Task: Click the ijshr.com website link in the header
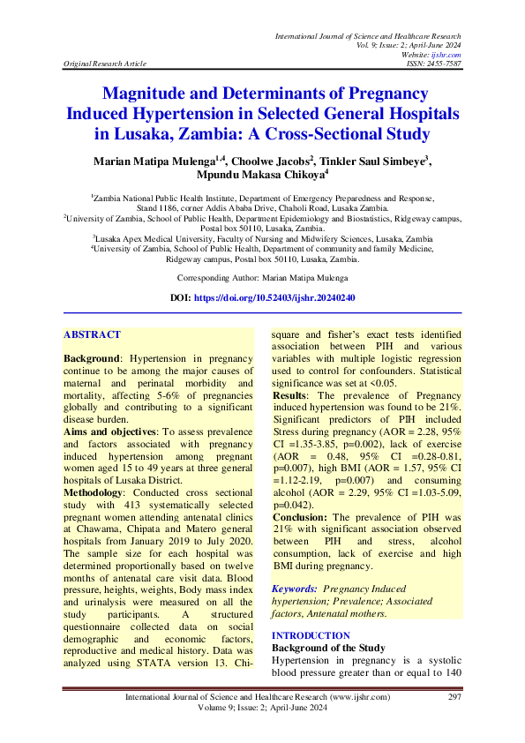click(450, 55)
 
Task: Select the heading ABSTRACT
click(92, 335)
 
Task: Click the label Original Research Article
click(102, 64)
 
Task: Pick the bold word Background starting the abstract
click(92, 359)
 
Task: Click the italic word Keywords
click(294, 588)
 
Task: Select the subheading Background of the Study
click(328, 648)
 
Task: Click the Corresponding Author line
click(262, 277)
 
